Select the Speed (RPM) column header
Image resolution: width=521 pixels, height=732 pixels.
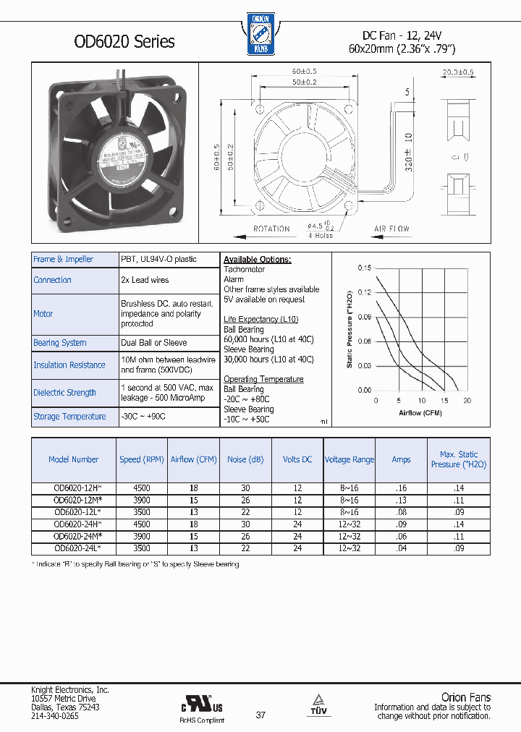142,459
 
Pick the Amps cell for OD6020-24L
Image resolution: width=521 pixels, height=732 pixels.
401,549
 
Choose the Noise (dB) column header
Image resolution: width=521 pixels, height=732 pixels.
246,459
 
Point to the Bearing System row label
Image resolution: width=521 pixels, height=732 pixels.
60,343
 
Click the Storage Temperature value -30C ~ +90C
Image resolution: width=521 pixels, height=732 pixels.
145,417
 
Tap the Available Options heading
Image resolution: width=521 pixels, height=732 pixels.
257,260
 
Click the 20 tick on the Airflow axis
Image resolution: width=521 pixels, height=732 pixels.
467,401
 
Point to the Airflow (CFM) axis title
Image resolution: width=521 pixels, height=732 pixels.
420,413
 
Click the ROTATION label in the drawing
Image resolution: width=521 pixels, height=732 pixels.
271,229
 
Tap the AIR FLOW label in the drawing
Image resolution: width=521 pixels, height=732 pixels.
391,229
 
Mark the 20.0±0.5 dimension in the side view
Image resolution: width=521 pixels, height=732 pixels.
457,72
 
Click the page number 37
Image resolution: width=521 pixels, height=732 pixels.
260,715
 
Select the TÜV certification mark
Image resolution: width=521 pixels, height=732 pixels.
318,704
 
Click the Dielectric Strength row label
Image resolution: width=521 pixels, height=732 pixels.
64,393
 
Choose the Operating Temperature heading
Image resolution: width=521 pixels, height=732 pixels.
263,379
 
